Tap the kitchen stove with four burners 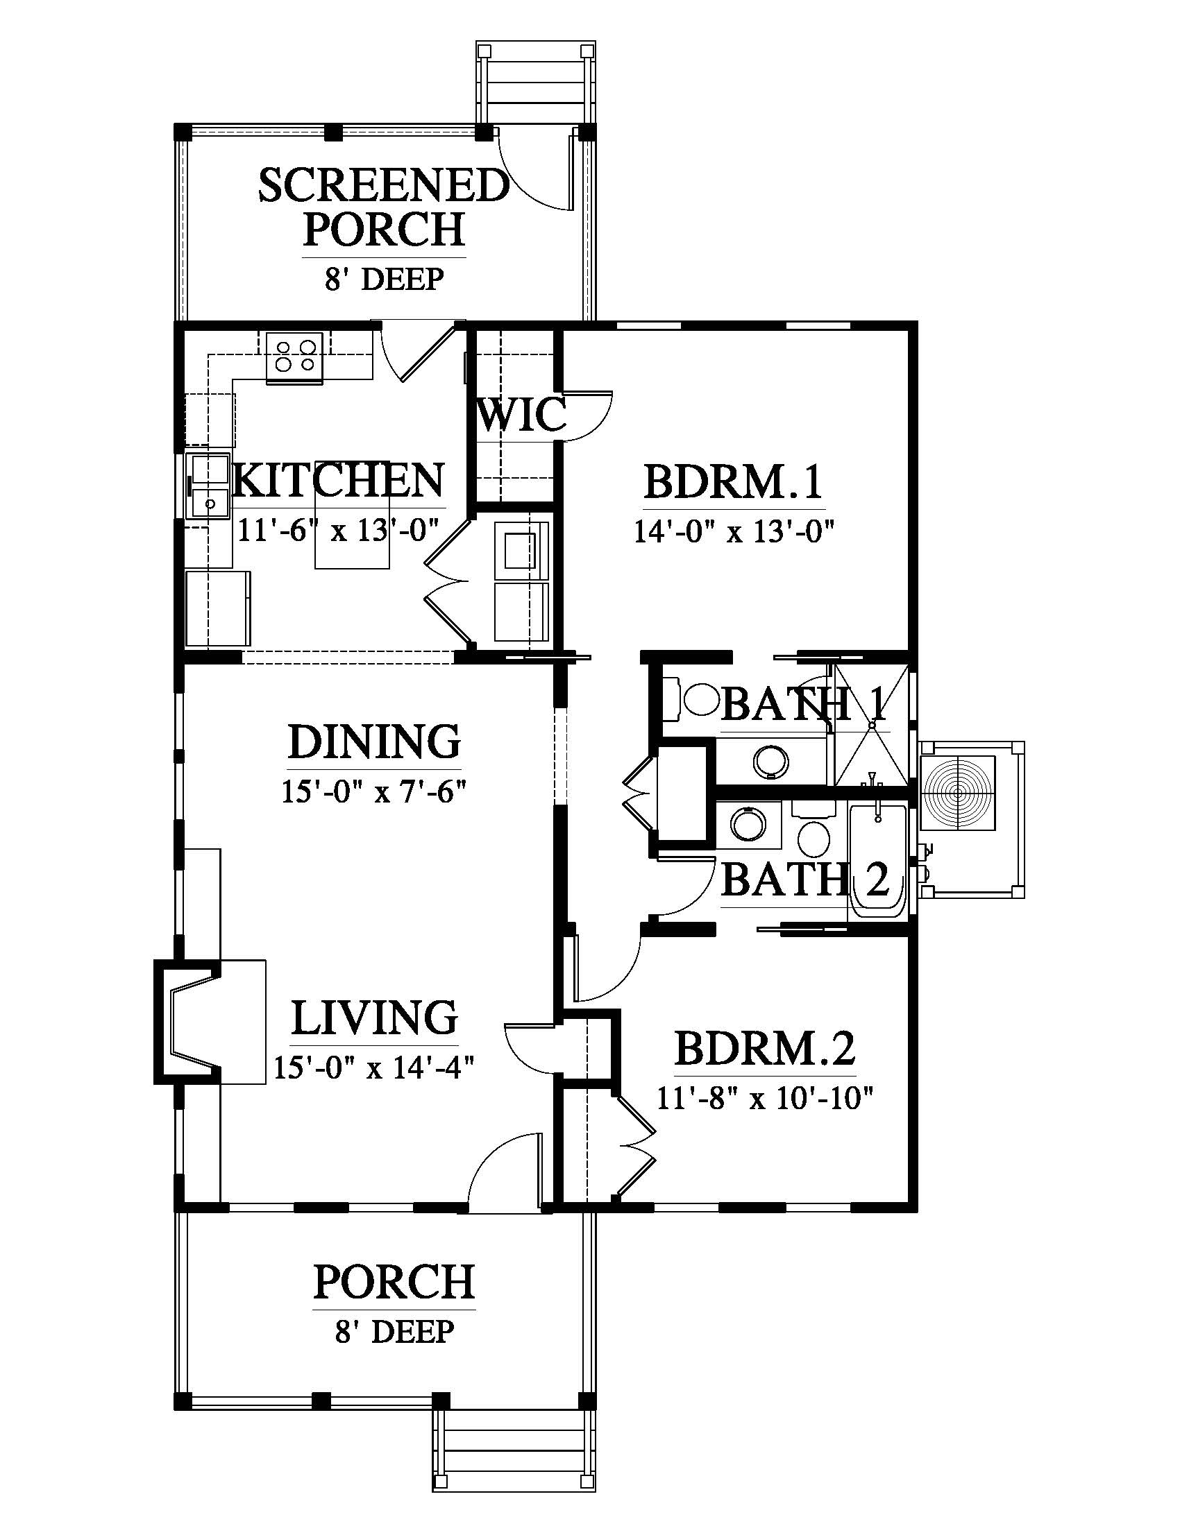[294, 357]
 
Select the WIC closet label [521, 415]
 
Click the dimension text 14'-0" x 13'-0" [734, 532]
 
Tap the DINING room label [375, 741]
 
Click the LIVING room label [375, 1018]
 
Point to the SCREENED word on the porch [384, 185]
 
